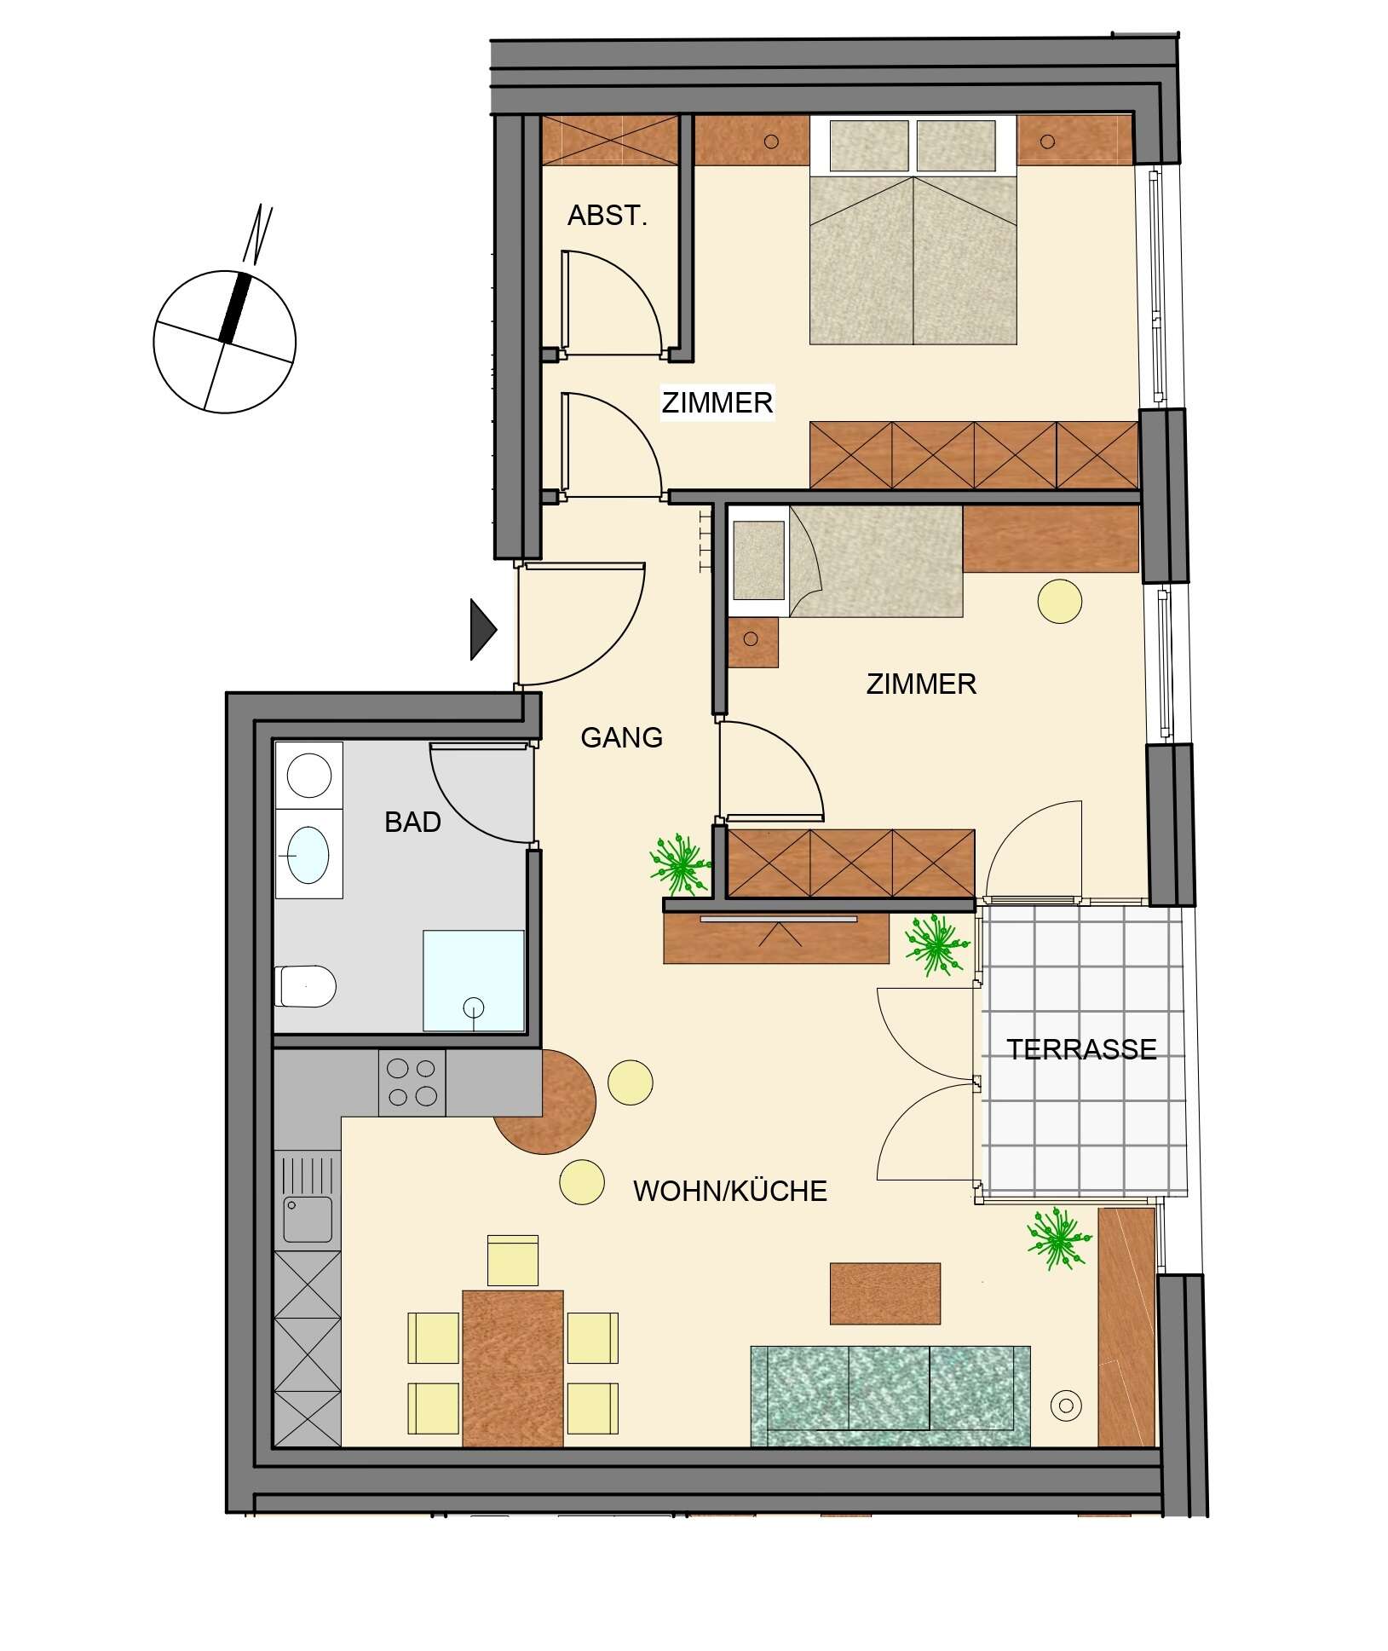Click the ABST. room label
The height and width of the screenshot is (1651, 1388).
click(x=608, y=216)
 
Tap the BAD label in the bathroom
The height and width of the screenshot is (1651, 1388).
click(x=412, y=822)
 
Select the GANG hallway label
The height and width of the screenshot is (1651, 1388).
click(x=621, y=737)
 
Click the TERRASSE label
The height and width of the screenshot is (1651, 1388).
click(x=1081, y=1048)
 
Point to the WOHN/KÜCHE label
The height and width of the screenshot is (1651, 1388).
click(x=730, y=1191)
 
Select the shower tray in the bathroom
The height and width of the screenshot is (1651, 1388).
click(x=474, y=980)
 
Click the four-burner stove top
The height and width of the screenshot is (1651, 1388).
click(x=412, y=1082)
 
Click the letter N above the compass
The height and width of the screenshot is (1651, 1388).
click(x=257, y=233)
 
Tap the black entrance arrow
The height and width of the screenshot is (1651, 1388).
click(x=483, y=629)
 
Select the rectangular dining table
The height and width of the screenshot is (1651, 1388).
click(x=513, y=1368)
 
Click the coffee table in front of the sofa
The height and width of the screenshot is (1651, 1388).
click(x=885, y=1293)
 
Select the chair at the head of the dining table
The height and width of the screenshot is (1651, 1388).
click(x=513, y=1260)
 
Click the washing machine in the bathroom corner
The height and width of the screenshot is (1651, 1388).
click(x=308, y=774)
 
